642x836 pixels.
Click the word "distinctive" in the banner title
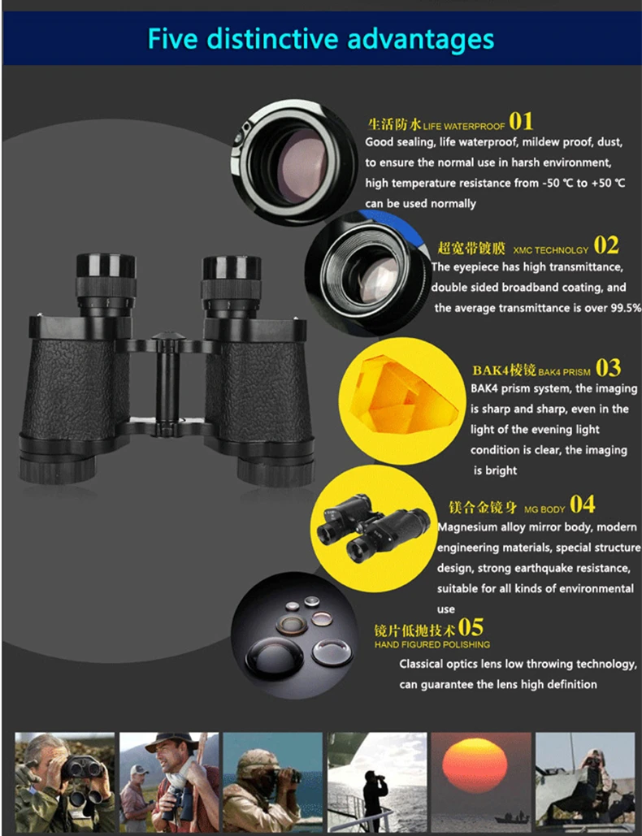(274, 38)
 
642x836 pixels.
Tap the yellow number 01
(521, 122)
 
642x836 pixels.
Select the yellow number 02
(606, 245)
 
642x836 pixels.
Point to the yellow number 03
(608, 368)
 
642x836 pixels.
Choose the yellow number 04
(583, 504)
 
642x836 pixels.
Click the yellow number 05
(471, 627)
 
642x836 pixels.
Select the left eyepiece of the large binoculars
(106, 283)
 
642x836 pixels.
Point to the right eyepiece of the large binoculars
(231, 285)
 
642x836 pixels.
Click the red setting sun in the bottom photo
(475, 765)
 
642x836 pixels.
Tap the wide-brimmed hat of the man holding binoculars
(171, 743)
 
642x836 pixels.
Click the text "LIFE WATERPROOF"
(464, 127)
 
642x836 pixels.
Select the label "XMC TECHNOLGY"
(551, 250)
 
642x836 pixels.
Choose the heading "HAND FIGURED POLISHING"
(432, 644)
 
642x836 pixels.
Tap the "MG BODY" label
(544, 509)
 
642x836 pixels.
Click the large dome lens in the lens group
(274, 656)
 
